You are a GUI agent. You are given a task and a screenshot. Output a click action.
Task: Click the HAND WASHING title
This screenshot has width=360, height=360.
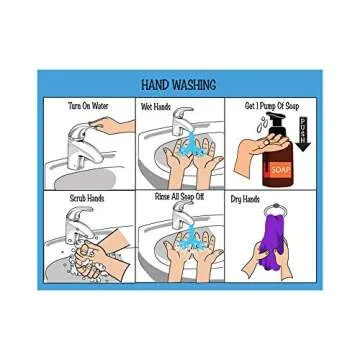(x=179, y=86)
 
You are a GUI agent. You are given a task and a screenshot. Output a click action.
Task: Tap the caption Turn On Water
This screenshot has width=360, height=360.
(x=87, y=105)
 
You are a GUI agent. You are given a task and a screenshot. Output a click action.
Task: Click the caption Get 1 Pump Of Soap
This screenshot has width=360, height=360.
(x=271, y=105)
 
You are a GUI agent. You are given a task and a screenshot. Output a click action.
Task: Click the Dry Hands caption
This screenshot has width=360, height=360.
(x=245, y=199)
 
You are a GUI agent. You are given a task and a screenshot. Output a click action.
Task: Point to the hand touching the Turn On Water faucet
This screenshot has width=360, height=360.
(x=113, y=127)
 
